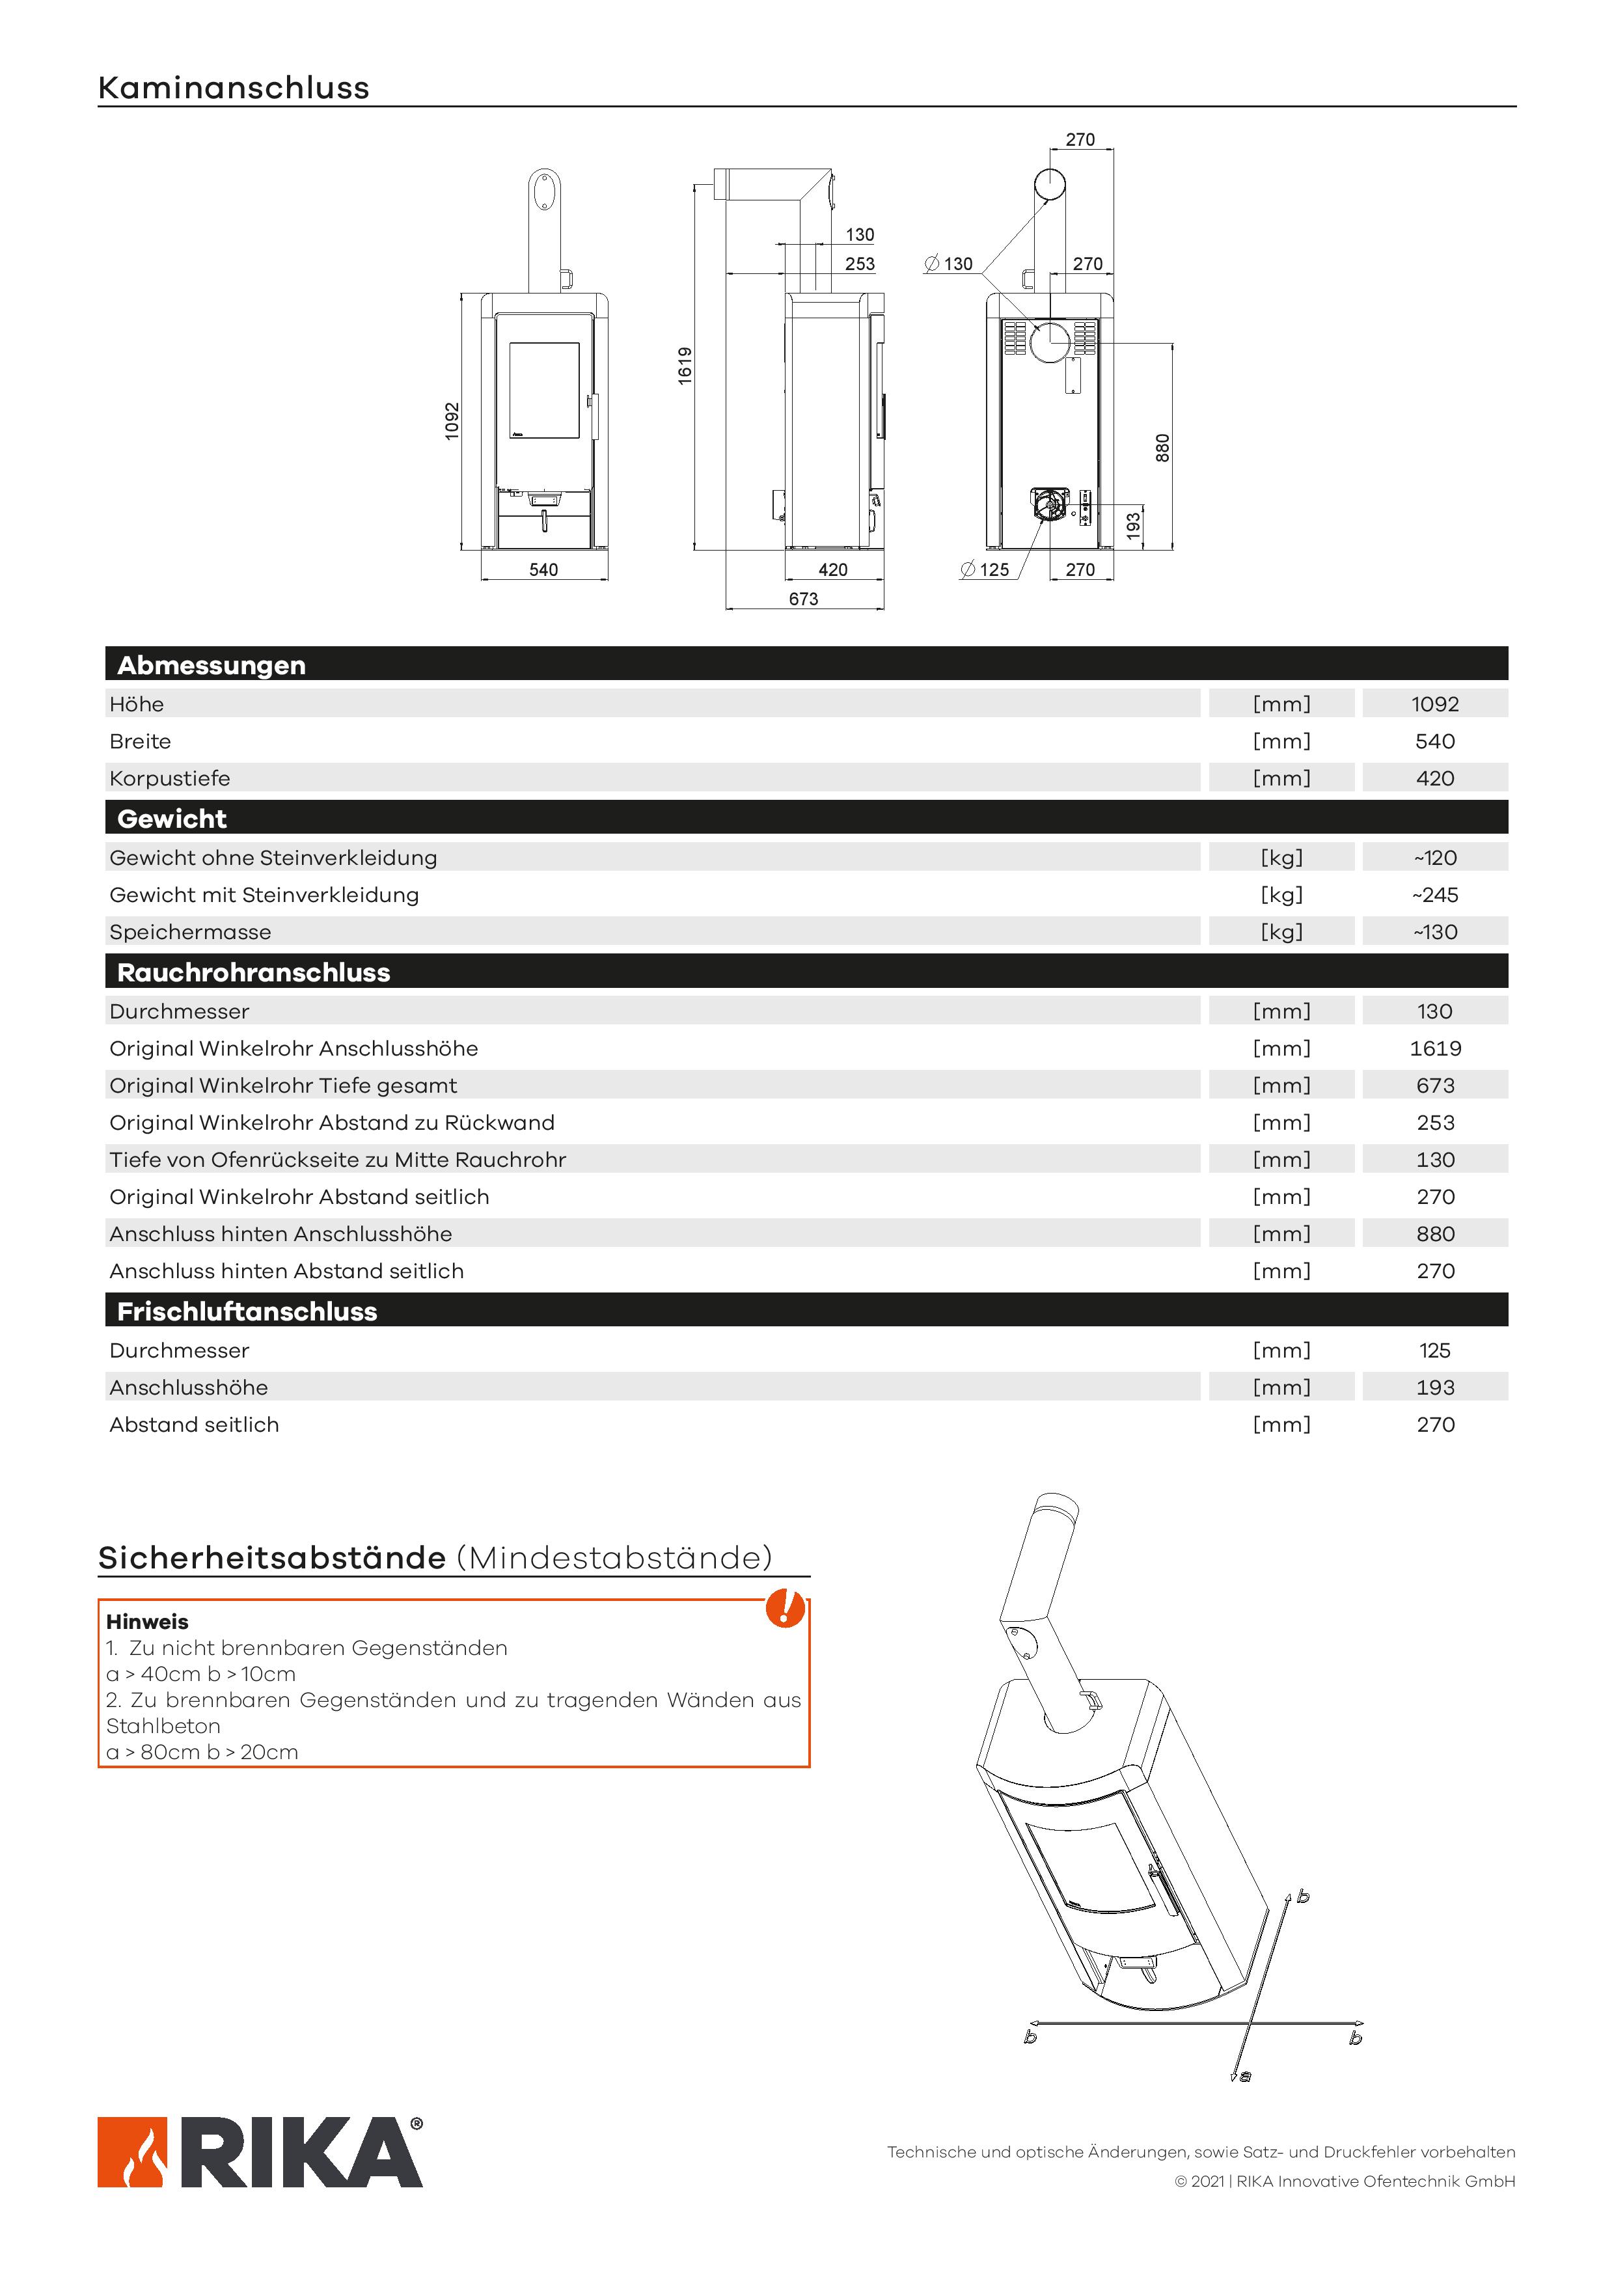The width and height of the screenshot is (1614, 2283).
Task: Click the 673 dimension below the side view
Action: coord(804,599)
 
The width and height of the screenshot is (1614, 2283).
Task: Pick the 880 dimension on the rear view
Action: coord(1162,448)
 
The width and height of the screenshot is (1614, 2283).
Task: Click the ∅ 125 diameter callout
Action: coord(985,569)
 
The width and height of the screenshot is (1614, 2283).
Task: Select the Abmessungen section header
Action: coord(212,665)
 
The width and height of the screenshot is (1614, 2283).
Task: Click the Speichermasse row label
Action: coord(190,932)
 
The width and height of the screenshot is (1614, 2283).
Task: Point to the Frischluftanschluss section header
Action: coord(247,1311)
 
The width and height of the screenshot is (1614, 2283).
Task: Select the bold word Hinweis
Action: coord(147,1622)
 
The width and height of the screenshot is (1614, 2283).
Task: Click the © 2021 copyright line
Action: coord(1345,2181)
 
